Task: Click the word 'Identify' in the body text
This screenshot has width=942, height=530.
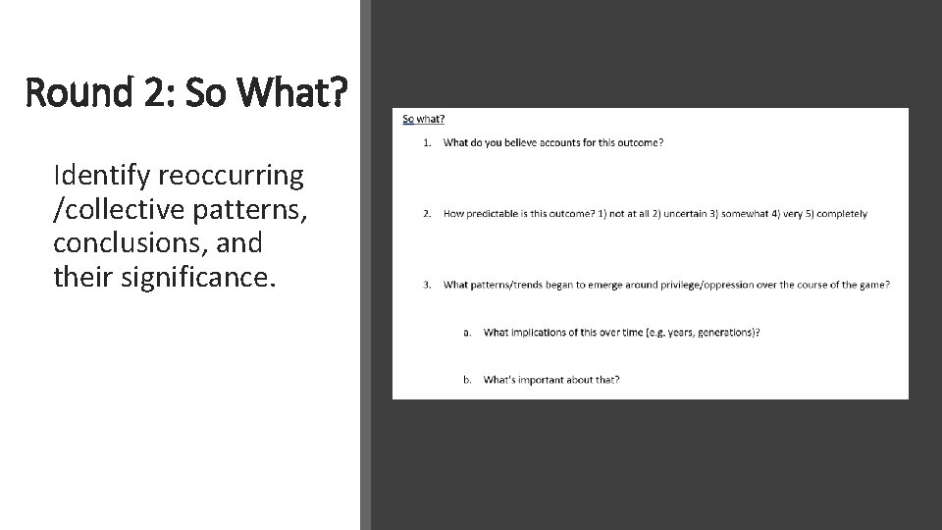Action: coord(98,176)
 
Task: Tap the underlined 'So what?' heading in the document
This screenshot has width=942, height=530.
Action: coord(423,120)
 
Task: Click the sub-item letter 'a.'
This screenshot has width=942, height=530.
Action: coord(468,332)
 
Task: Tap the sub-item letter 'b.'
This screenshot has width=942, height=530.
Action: coord(468,379)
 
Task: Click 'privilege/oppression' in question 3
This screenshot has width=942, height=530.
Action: coord(662,285)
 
